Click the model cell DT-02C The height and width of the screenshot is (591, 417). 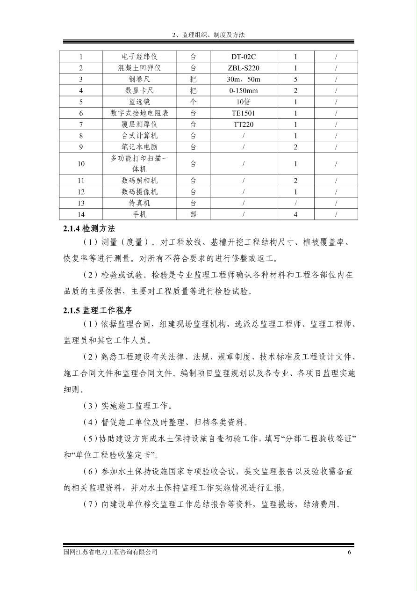[x=243, y=57]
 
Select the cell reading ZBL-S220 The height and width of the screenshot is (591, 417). [x=243, y=68]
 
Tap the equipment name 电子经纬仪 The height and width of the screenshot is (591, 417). [x=139, y=57]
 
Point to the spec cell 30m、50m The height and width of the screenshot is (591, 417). [x=243, y=80]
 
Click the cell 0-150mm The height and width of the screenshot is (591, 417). [x=243, y=91]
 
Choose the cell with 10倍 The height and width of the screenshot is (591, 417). [x=243, y=102]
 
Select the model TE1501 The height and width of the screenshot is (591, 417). [x=243, y=113]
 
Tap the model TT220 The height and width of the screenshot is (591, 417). [x=243, y=124]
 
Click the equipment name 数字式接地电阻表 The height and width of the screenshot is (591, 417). [x=139, y=113]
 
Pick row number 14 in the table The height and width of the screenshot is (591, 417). [x=81, y=214]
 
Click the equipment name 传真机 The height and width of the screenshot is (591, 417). [x=139, y=203]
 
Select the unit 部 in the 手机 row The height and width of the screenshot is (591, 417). [x=193, y=214]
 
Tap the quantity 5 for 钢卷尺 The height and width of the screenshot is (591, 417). [x=295, y=80]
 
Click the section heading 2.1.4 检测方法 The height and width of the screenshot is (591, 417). [x=89, y=229]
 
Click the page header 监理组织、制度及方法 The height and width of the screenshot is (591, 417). [x=208, y=35]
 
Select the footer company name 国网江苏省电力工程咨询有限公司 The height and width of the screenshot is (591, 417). [x=110, y=552]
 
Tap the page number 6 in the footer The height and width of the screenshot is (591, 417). [x=349, y=552]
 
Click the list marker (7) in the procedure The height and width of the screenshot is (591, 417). [x=90, y=505]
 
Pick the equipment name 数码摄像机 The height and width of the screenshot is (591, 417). [x=139, y=192]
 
